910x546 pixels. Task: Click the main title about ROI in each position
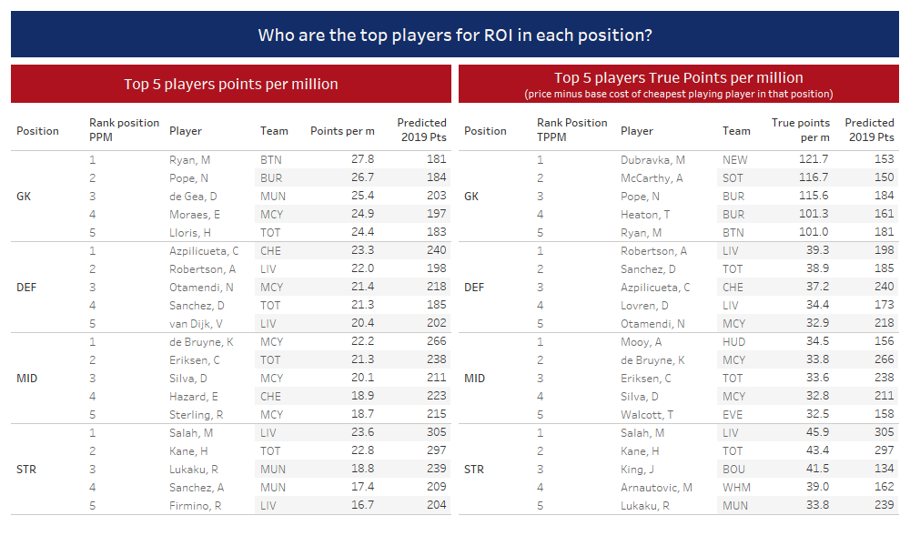(x=455, y=35)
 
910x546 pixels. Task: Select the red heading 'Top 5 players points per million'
(x=231, y=84)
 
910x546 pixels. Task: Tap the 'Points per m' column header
(x=342, y=131)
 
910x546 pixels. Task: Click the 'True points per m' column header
(x=800, y=130)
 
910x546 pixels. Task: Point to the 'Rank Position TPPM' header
(x=571, y=130)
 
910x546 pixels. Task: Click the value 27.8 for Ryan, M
(x=362, y=159)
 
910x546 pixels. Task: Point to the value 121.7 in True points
(x=814, y=159)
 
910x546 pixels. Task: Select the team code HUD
(x=733, y=342)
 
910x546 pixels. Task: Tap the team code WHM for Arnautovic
(x=736, y=488)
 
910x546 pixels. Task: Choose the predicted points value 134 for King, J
(x=884, y=469)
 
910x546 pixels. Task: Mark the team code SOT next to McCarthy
(x=733, y=178)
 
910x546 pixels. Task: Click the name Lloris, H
(x=190, y=233)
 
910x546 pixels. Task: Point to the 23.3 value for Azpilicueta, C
(x=362, y=250)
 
